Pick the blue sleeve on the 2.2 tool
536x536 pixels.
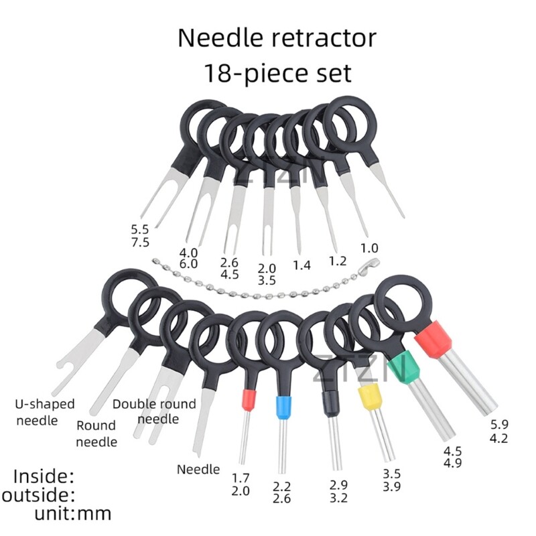pyautogui.click(x=283, y=406)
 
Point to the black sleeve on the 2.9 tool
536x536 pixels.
pyautogui.click(x=328, y=401)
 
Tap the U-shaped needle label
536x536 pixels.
pyautogui.click(x=45, y=412)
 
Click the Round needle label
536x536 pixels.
pyautogui.click(x=96, y=433)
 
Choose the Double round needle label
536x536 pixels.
pyautogui.click(x=154, y=411)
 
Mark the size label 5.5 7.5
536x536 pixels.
pyautogui.click(x=141, y=236)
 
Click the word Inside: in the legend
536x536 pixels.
pyautogui.click(x=44, y=476)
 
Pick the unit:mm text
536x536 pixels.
pyautogui.click(x=74, y=515)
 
